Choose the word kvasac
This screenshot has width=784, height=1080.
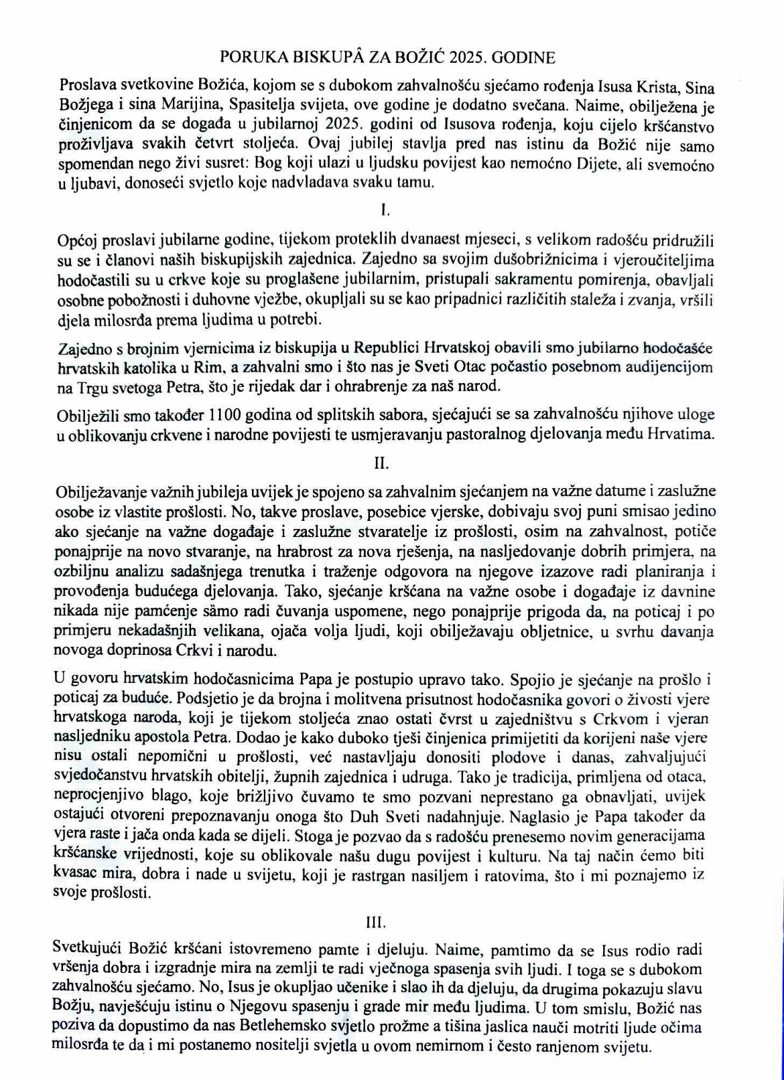tap(75, 874)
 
